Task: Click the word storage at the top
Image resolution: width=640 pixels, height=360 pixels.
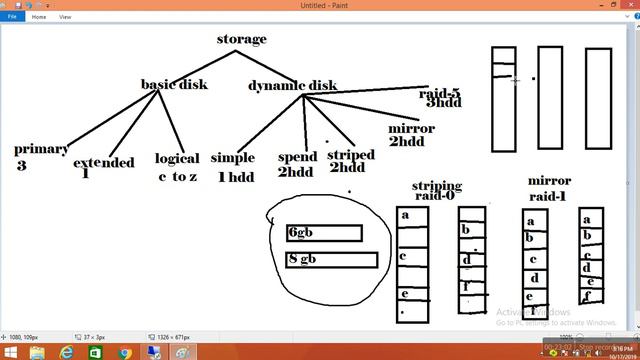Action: tap(241, 39)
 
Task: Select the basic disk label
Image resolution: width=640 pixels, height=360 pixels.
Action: tap(174, 84)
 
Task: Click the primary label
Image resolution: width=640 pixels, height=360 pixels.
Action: tap(41, 149)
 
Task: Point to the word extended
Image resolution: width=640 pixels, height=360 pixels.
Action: tap(103, 162)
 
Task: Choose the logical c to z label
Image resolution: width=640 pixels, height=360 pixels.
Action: tap(177, 167)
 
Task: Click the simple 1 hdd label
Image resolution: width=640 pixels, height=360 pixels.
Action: tap(232, 167)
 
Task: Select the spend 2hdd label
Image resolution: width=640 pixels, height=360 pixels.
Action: tap(297, 164)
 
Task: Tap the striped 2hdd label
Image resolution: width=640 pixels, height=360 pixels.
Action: tap(350, 161)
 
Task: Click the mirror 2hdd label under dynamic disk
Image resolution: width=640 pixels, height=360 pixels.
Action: tap(411, 135)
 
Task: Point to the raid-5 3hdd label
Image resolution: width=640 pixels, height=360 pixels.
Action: tap(439, 97)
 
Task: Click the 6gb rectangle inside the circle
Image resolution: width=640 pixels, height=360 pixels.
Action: tap(323, 233)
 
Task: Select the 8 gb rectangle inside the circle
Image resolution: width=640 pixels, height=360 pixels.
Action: tap(331, 260)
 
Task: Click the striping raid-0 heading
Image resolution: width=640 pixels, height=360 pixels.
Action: tap(437, 190)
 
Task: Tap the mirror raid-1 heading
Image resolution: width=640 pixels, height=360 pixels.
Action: tap(548, 188)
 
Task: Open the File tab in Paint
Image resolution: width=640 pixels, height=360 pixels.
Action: tap(13, 17)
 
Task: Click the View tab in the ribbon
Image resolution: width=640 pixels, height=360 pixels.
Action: tap(65, 17)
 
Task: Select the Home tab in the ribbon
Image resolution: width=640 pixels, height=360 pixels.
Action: tap(39, 17)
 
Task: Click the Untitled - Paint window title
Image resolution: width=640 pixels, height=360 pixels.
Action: tap(320, 5)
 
